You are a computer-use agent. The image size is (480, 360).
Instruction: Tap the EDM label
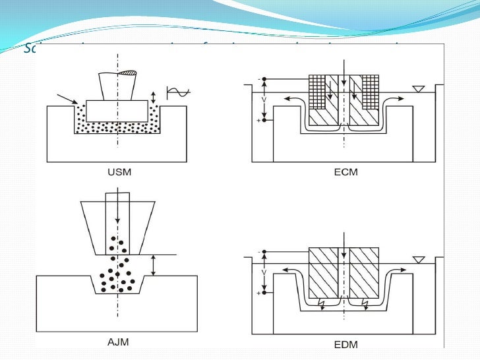click(344, 344)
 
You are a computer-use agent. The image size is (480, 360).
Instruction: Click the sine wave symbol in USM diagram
click(177, 92)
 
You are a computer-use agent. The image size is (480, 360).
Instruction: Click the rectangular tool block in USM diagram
click(117, 111)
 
